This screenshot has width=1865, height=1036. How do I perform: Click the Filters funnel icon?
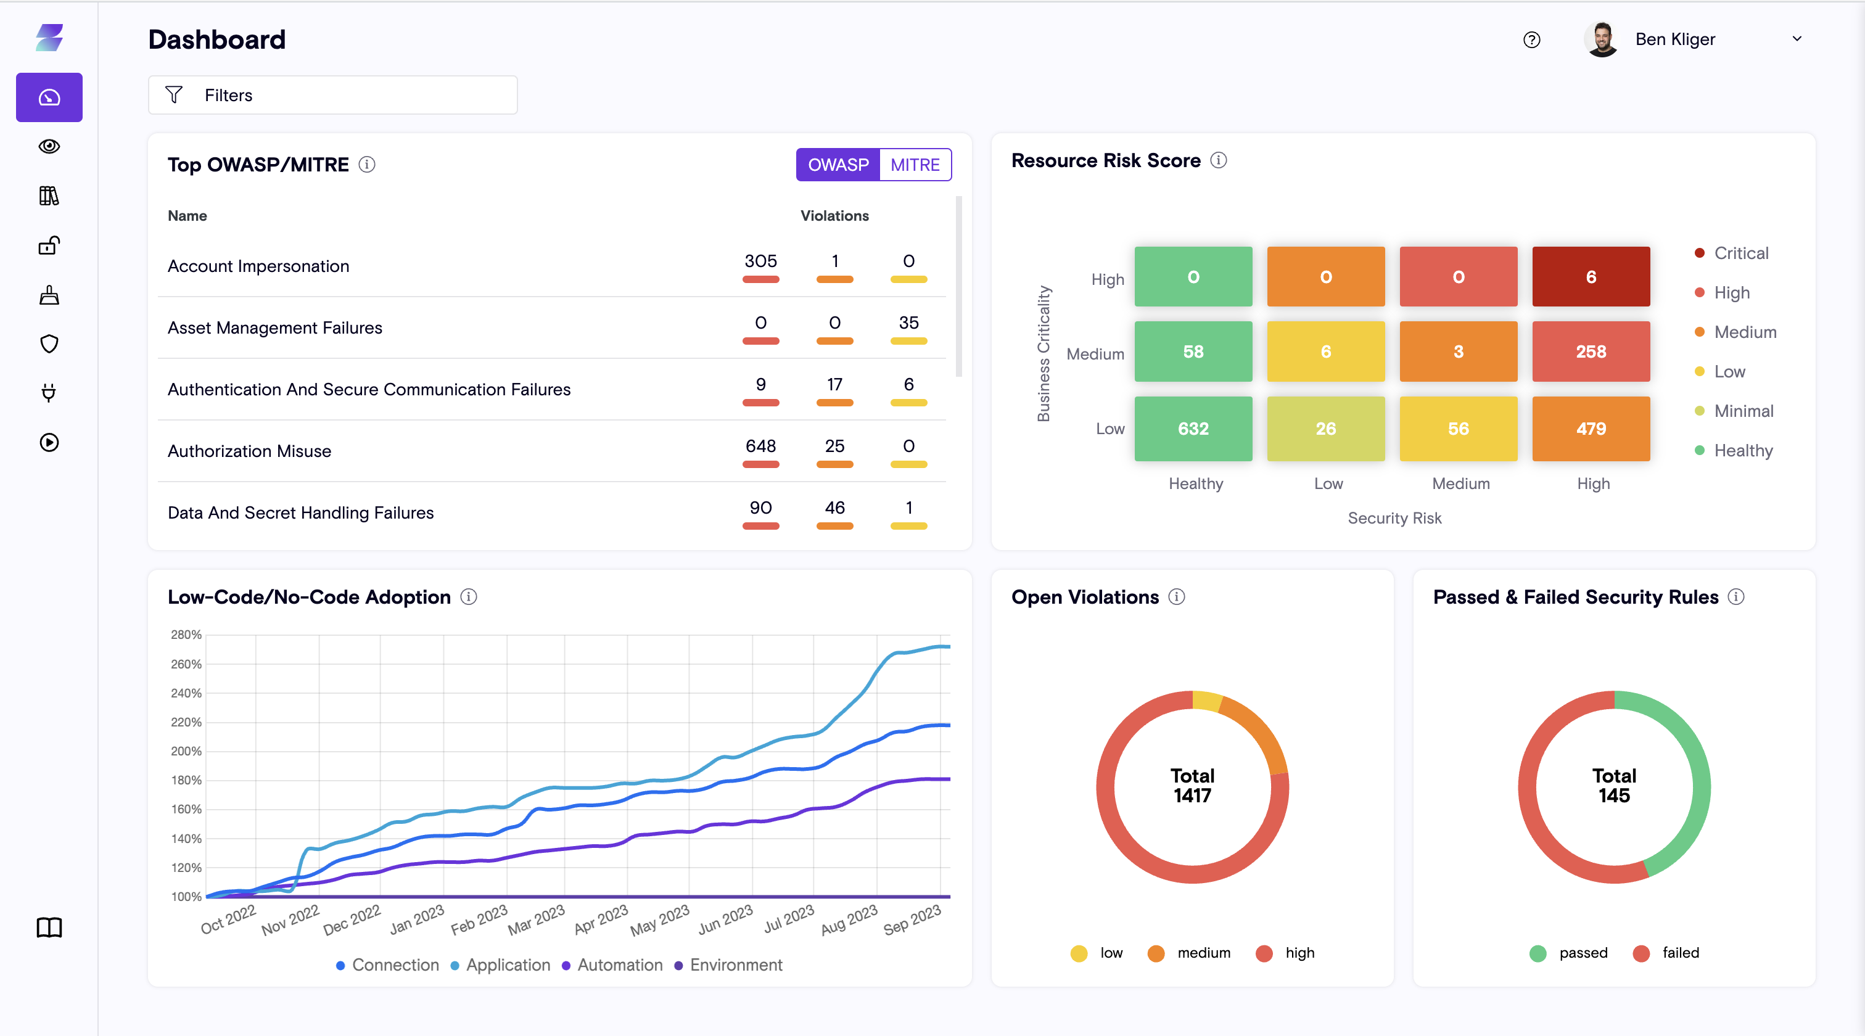pos(174,95)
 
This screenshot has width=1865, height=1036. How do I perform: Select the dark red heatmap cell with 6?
pos(1591,276)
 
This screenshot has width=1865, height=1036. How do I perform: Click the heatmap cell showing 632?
pos(1192,428)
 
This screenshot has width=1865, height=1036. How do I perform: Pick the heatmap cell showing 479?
pos(1591,428)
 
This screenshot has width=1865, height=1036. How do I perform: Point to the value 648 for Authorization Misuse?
pos(760,446)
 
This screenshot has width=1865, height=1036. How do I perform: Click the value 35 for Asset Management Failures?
pos(908,323)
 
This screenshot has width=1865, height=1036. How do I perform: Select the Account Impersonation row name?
pos(258,266)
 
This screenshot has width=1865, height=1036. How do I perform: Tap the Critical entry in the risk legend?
pos(1740,253)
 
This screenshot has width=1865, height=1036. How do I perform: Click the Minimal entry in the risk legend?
pos(1743,411)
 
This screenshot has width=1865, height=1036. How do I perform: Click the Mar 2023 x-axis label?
pos(537,919)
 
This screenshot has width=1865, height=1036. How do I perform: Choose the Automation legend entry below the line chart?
pos(619,964)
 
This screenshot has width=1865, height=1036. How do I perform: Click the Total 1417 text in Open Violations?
pos(1192,786)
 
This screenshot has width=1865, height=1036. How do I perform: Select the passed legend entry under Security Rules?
pos(1582,953)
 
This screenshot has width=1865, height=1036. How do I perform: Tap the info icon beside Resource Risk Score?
pos(1219,160)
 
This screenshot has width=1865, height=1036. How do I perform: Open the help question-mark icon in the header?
pos(1531,40)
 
